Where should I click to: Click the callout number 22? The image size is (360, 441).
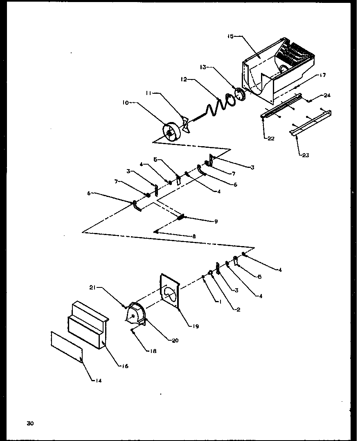tap(270, 138)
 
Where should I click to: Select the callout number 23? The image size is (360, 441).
tap(306, 155)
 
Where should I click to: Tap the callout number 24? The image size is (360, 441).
tap(327, 95)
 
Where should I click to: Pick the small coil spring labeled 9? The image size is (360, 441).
tap(181, 217)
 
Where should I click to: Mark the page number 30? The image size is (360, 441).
tap(30, 423)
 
